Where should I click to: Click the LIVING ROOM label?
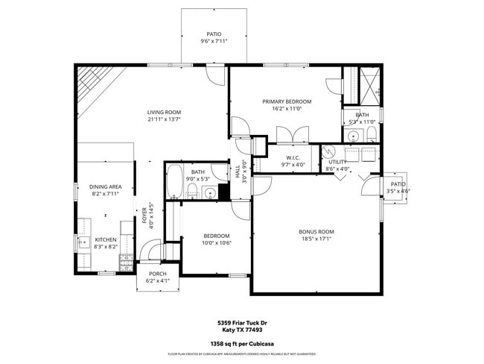click(164, 113)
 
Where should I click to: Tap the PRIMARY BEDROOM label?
click(287, 101)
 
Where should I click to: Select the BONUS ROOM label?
click(316, 232)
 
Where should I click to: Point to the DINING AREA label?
click(106, 186)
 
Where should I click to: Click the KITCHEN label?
click(106, 240)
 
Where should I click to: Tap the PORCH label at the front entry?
click(158, 274)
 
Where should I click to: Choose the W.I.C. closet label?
click(293, 157)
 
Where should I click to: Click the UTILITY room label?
click(337, 162)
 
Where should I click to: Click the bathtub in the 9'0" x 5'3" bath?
click(174, 183)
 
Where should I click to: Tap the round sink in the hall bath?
click(210, 193)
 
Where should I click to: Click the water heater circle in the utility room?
click(329, 149)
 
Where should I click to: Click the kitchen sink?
click(81, 241)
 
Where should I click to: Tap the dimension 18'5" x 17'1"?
click(316, 239)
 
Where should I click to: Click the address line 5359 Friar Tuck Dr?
click(242, 323)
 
